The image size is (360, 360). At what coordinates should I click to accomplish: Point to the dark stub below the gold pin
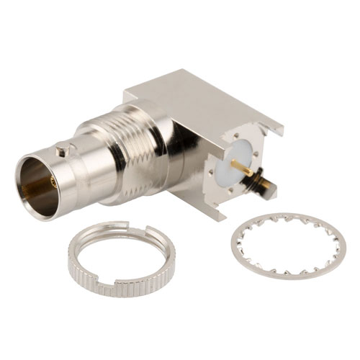(x=256, y=188)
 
